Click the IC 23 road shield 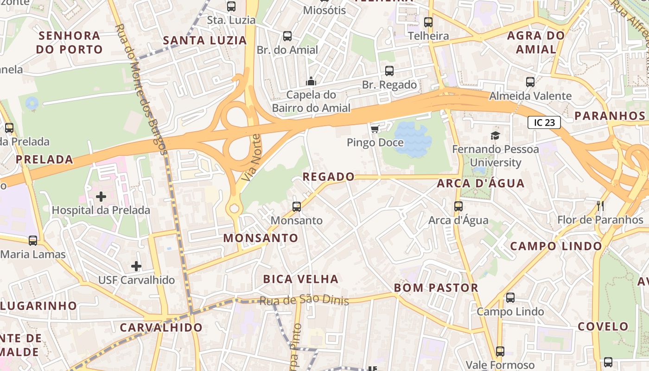pyautogui.click(x=544, y=122)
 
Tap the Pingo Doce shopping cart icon pyautogui.click(x=375, y=128)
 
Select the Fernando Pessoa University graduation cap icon pyautogui.click(x=495, y=136)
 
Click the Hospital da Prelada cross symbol pyautogui.click(x=101, y=197)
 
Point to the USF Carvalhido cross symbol pyautogui.click(x=136, y=266)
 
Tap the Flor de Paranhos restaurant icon pyautogui.click(x=600, y=205)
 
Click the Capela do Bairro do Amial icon pyautogui.click(x=311, y=82)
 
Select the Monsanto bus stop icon pyautogui.click(x=297, y=206)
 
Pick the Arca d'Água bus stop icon pyautogui.click(x=458, y=206)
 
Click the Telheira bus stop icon pyautogui.click(x=428, y=22)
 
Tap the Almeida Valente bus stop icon pyautogui.click(x=530, y=82)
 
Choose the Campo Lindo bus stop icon pyautogui.click(x=510, y=297)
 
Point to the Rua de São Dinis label pyautogui.click(x=304, y=300)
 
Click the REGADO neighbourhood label pyautogui.click(x=328, y=177)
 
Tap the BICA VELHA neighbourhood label pyautogui.click(x=300, y=279)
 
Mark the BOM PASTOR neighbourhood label pyautogui.click(x=436, y=288)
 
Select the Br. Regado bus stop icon pyautogui.click(x=389, y=71)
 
